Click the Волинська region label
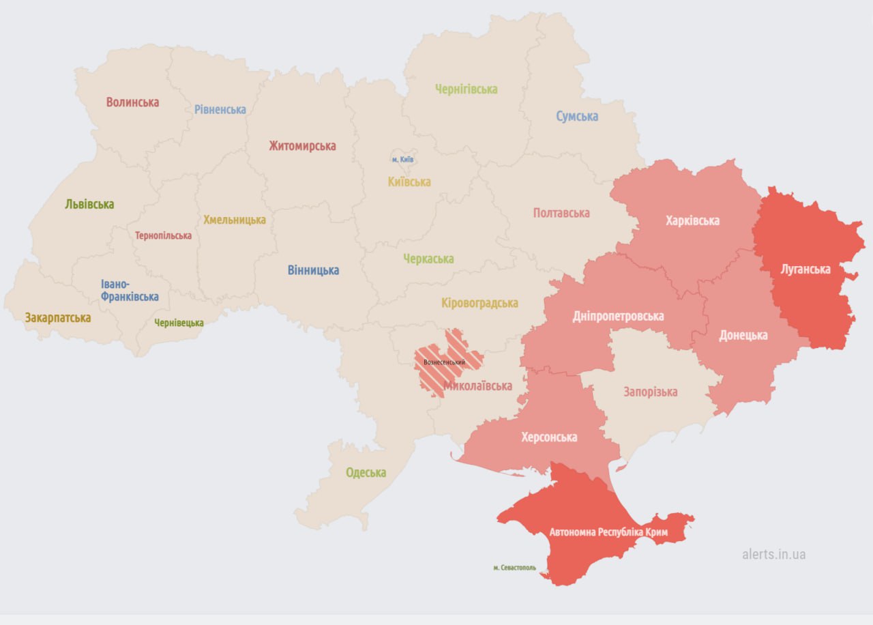point(132,102)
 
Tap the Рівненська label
point(220,109)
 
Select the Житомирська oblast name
point(302,146)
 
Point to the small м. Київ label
point(402,160)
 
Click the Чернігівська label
point(467,89)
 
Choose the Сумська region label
point(576,116)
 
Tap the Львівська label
point(89,204)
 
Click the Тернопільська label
point(163,235)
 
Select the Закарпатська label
point(58,317)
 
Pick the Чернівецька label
point(179,323)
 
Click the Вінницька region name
point(313,270)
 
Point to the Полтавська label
point(561,213)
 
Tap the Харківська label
point(692,220)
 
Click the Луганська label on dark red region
point(805,269)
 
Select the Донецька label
point(743,335)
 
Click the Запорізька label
point(650,392)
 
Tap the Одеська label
point(366,472)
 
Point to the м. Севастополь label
point(514,567)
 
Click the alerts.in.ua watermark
point(773,554)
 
